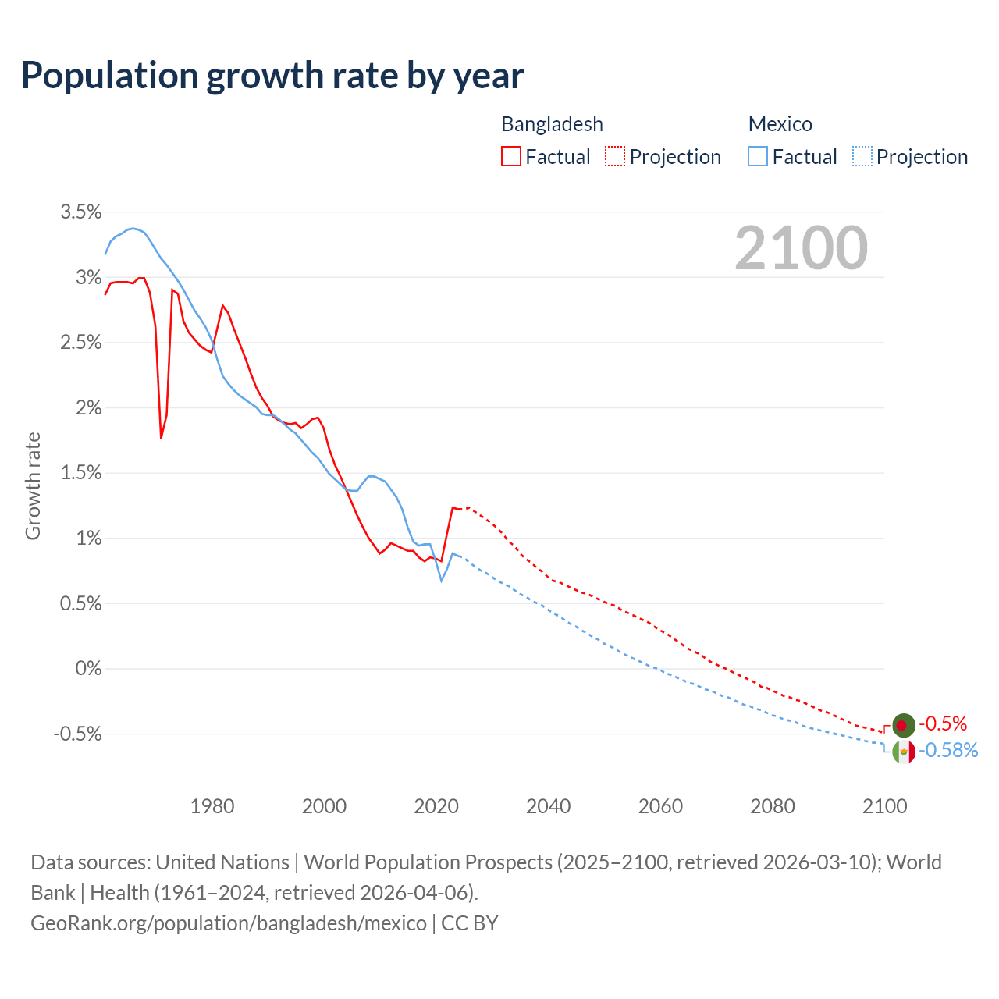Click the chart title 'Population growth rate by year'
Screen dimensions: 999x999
pos(272,76)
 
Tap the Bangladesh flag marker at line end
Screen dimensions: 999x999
pos(903,725)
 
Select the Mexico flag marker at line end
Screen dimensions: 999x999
pos(904,752)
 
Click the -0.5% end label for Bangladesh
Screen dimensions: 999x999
pos(943,723)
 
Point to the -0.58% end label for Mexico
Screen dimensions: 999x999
pos(948,751)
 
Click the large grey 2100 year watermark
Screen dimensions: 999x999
pos(801,248)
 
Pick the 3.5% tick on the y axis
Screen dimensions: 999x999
pos(81,212)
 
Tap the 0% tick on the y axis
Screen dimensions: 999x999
pos(88,669)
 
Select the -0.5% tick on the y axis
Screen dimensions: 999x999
pos(77,734)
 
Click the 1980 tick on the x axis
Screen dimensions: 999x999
pos(212,806)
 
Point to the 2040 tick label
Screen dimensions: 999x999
pos(548,806)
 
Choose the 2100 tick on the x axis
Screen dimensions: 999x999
pos(884,806)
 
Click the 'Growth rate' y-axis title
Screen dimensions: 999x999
pos(33,485)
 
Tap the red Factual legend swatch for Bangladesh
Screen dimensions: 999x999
pos(511,157)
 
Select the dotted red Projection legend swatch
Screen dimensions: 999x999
pos(615,157)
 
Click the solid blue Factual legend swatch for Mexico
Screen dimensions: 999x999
pos(758,157)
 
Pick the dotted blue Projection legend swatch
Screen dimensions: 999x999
pos(862,157)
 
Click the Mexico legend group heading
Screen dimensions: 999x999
pos(780,124)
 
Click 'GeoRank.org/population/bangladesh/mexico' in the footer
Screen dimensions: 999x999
pos(229,923)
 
